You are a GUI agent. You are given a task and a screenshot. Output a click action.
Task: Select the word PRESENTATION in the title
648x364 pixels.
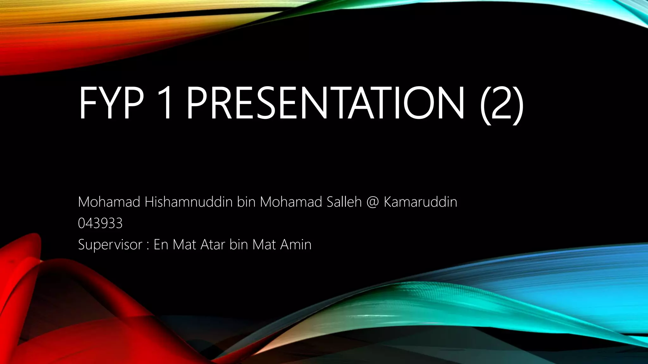[x=326, y=101]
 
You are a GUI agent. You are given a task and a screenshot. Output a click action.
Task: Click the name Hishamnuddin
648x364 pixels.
[x=189, y=202]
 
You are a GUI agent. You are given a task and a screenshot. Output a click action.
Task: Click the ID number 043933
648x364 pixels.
[x=100, y=223]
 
